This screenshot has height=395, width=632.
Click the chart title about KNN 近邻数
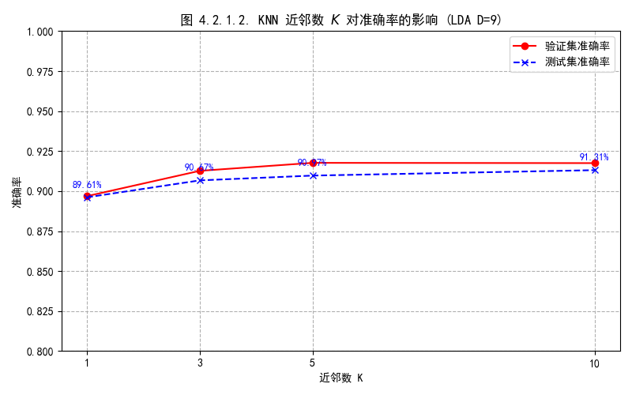[x=341, y=20]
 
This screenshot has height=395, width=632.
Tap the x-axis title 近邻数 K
[x=341, y=378]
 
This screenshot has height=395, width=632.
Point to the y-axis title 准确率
[x=17, y=191]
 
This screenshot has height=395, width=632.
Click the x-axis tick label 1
[x=87, y=363]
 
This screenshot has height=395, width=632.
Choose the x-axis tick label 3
[x=200, y=363]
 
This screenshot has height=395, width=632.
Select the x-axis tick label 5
[x=313, y=363]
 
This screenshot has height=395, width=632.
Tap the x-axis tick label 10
[x=595, y=363]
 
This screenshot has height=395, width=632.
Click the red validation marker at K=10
[x=595, y=164]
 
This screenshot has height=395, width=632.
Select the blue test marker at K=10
[x=595, y=170]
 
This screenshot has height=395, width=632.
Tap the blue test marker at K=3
[x=200, y=180]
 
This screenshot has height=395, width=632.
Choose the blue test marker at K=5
[x=313, y=175]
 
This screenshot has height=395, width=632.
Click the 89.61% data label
[x=87, y=185]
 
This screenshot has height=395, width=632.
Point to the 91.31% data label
[x=594, y=157]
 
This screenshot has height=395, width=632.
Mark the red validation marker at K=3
[x=200, y=171]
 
